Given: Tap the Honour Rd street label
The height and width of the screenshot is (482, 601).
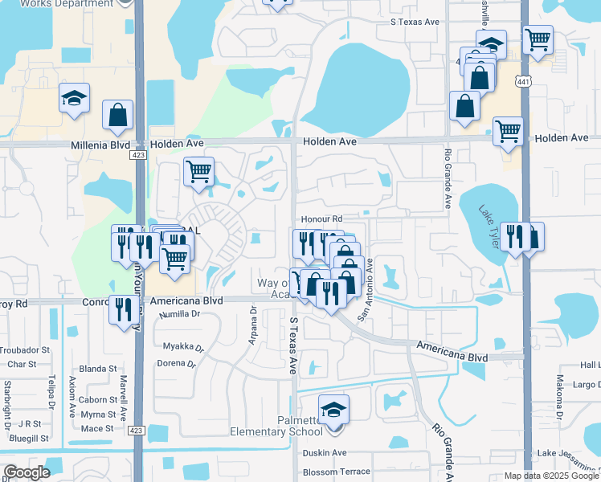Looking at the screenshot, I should coord(322,219).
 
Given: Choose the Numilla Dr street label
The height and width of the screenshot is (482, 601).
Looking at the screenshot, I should coord(179,314).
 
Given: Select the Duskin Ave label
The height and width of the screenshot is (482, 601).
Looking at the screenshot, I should coord(325,453).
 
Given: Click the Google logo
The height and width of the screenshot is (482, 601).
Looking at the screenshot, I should coord(27,472).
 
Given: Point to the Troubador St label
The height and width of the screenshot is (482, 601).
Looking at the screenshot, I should coord(24,350).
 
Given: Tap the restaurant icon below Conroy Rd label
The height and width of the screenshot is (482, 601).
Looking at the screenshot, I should coord(123,309).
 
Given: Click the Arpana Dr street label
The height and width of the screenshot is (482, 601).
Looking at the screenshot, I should coord(251,325).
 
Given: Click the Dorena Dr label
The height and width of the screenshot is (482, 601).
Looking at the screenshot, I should coord(176,363).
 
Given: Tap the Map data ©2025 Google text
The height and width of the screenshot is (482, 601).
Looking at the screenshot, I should coord(550,476).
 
